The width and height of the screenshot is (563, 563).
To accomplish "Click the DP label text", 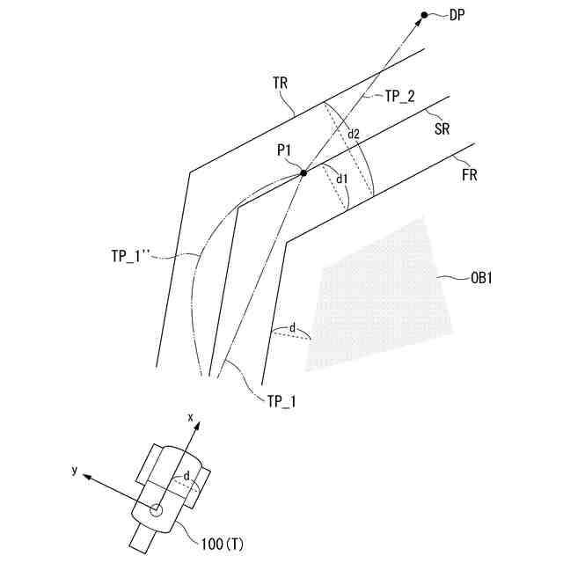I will pyautogui.click(x=457, y=15).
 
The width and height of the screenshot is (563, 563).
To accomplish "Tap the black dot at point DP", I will pyautogui.click(x=424, y=15).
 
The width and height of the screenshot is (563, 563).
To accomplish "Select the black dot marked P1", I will pyautogui.click(x=303, y=173).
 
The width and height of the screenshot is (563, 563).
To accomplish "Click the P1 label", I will pyautogui.click(x=285, y=150).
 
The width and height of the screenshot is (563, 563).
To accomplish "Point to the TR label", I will pyautogui.click(x=281, y=83).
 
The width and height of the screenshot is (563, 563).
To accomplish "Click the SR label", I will pyautogui.click(x=442, y=128).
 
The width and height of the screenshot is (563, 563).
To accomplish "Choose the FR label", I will pyautogui.click(x=469, y=175).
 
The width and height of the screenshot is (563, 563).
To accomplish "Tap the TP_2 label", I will pyautogui.click(x=401, y=98).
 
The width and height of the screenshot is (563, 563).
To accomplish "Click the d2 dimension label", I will pyautogui.click(x=353, y=135).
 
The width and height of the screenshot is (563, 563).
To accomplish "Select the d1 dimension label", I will pyautogui.click(x=343, y=179).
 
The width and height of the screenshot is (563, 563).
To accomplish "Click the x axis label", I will pyautogui.click(x=189, y=414).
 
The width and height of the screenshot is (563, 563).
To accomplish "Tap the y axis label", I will pyautogui.click(x=76, y=471).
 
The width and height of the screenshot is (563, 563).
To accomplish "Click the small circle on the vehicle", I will pyautogui.click(x=157, y=509).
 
